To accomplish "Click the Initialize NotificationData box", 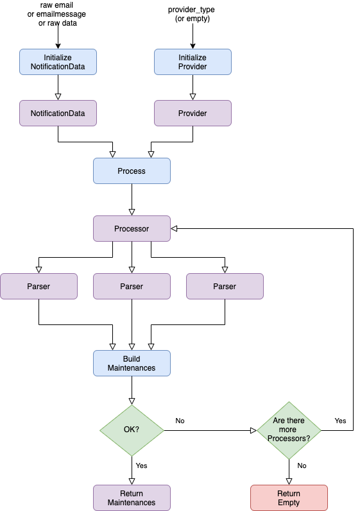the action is [x=58, y=62].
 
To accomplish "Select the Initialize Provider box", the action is [x=193, y=62].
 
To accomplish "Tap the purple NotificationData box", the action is [x=58, y=113].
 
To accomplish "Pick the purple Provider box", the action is [x=193, y=113].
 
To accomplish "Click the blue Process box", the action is [x=132, y=171].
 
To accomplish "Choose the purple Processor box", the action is [x=132, y=228].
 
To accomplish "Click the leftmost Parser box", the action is [x=39, y=286].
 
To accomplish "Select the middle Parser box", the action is [x=132, y=286].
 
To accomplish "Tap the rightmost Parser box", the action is [x=225, y=286].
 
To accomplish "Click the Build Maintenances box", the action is [x=132, y=363].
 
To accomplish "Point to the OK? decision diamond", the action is [x=132, y=430].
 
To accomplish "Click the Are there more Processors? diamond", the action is [x=289, y=430].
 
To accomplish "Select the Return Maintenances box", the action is [x=132, y=498].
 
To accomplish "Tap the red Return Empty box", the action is [x=289, y=498].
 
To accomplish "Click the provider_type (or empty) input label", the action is [x=192, y=14].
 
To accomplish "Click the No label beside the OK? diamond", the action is [x=180, y=421].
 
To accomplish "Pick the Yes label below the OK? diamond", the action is [x=142, y=465].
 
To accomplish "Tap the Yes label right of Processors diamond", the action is [x=341, y=421].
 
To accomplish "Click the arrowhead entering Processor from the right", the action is [x=174, y=228].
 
